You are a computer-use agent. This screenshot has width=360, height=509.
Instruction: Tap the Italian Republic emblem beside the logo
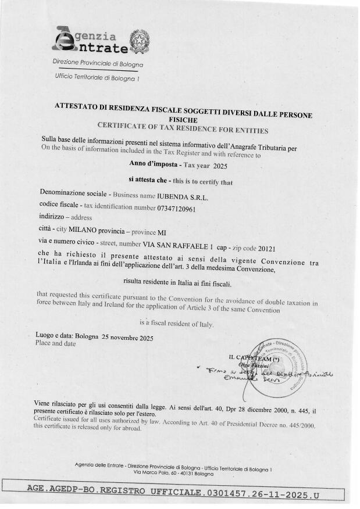140,41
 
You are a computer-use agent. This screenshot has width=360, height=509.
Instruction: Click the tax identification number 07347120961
177,208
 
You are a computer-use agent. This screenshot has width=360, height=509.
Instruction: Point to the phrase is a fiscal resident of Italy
177,324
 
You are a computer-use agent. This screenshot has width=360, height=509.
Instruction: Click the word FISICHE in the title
184,118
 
